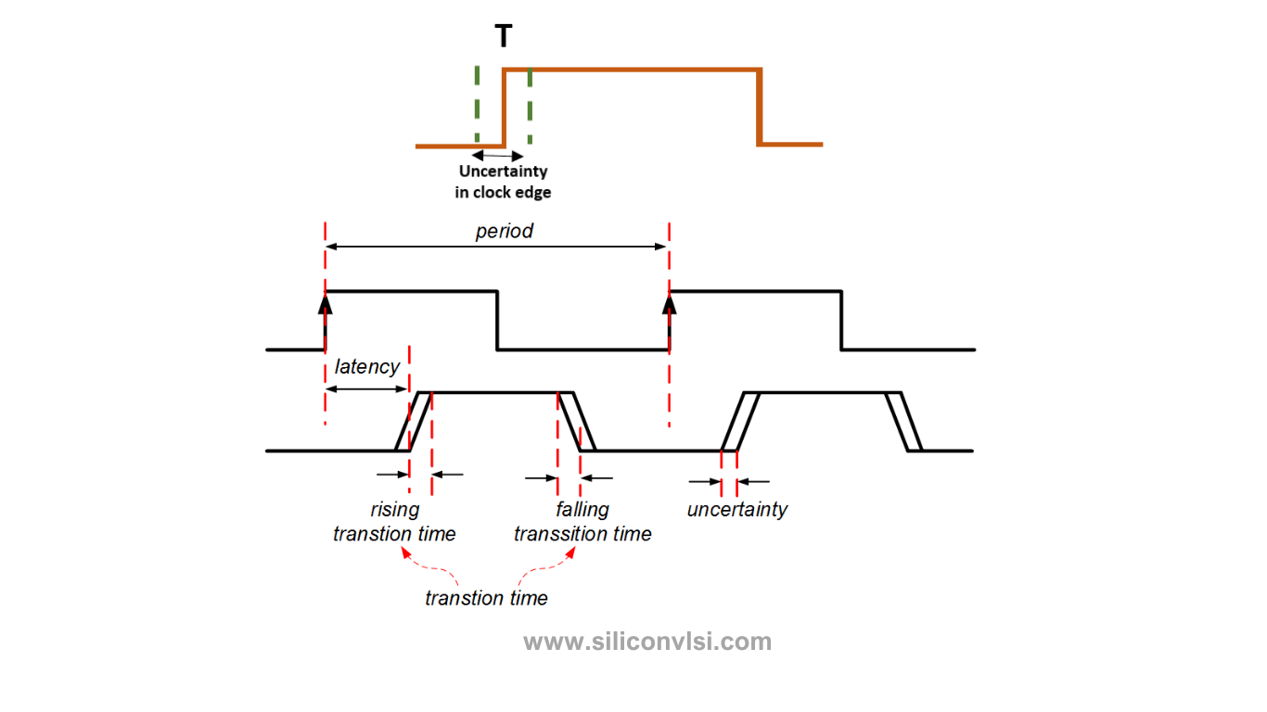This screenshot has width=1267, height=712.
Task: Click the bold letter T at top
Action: (503, 37)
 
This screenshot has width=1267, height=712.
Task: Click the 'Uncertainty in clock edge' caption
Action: (503, 182)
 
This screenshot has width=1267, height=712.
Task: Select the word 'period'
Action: (504, 231)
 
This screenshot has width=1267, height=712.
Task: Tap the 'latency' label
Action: (367, 366)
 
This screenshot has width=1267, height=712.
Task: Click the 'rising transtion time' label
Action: (394, 522)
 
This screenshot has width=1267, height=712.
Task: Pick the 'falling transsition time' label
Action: (582, 522)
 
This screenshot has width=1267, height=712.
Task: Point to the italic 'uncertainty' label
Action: (736, 509)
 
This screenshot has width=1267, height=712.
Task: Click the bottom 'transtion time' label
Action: (486, 598)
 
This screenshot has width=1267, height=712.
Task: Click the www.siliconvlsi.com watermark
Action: (646, 642)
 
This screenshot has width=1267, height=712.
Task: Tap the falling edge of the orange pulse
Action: (760, 107)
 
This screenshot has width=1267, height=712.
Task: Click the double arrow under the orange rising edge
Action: (499, 156)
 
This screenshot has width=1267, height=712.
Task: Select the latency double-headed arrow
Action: (366, 388)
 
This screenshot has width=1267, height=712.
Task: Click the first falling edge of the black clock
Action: (497, 321)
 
